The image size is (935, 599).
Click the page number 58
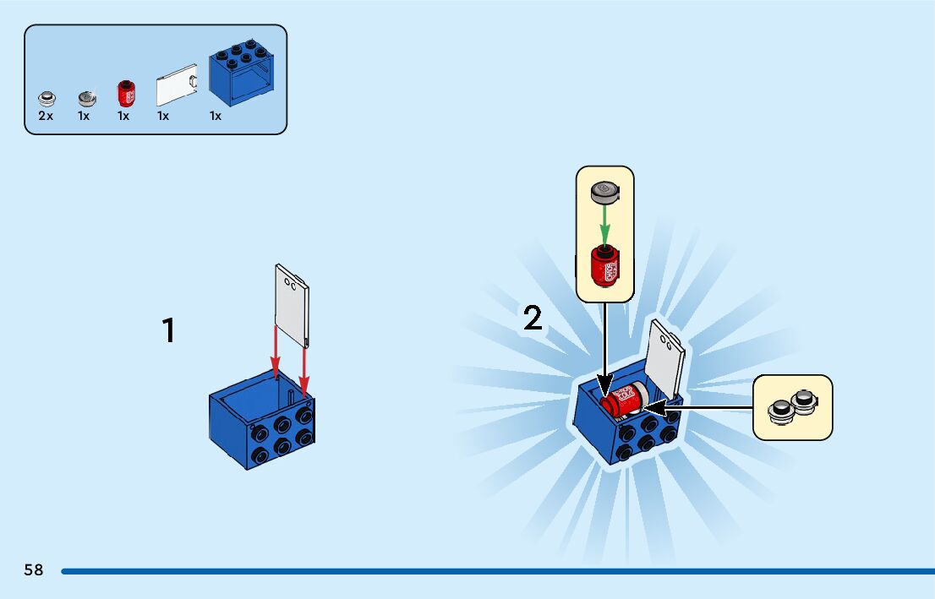pyautogui.click(x=34, y=570)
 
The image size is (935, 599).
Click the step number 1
pyautogui.click(x=169, y=330)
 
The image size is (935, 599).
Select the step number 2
pyautogui.click(x=533, y=319)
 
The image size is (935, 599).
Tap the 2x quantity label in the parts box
pyautogui.click(x=46, y=117)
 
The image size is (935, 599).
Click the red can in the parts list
pyautogui.click(x=126, y=93)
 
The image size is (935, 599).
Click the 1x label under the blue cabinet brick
pyautogui.click(x=216, y=117)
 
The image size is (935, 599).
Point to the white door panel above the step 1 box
pyautogui.click(x=293, y=304)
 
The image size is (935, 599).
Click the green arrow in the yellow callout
pyautogui.click(x=605, y=224)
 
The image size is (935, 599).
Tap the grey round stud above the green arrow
pyautogui.click(x=605, y=193)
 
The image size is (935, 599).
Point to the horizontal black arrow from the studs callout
pyautogui.click(x=710, y=408)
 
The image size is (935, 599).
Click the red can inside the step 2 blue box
pyautogui.click(x=622, y=400)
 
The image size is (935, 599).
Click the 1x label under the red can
pyautogui.click(x=123, y=117)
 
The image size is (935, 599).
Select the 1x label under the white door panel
pyautogui.click(x=163, y=117)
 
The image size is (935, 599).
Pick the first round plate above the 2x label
pyautogui.click(x=46, y=98)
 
